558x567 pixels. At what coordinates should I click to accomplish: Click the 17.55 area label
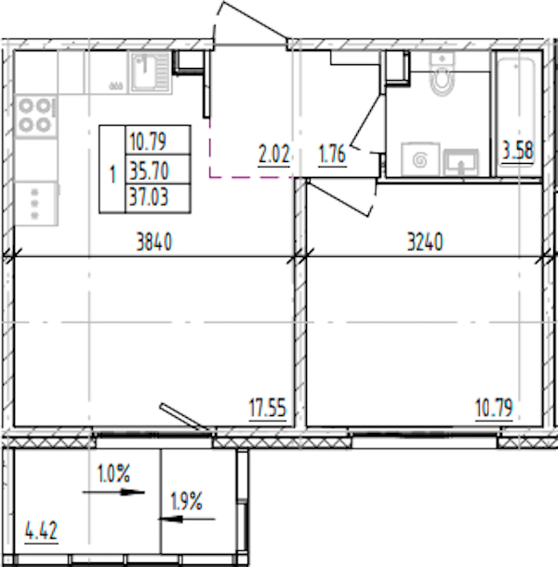[268, 408]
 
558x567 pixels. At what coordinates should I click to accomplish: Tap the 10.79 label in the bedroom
[494, 408]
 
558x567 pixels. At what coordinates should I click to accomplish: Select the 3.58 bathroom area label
[518, 151]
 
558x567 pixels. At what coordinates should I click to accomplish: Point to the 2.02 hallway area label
[273, 155]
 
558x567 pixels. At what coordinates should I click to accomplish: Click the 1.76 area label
[332, 155]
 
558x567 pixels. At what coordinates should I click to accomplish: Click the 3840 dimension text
[154, 242]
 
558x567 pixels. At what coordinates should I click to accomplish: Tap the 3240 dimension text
[425, 242]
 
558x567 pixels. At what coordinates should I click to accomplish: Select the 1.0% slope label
[113, 474]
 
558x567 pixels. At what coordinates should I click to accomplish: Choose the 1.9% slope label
[186, 502]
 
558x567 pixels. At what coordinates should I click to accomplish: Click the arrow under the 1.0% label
[113, 492]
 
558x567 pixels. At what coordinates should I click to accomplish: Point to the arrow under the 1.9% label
[187, 520]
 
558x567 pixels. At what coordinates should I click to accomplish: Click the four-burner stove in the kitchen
[36, 115]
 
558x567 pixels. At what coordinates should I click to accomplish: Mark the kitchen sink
[151, 72]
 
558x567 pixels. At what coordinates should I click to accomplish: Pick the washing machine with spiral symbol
[420, 159]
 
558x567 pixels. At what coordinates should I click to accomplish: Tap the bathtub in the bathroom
[516, 114]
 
